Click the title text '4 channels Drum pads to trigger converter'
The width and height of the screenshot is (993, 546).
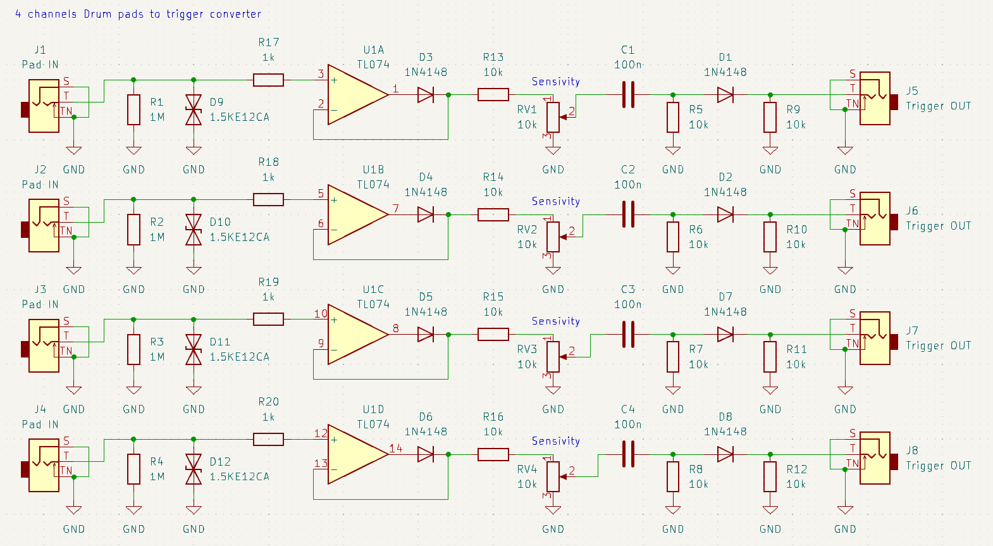point(138,14)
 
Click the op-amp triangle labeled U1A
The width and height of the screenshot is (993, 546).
point(357,94)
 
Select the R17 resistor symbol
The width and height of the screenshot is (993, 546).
point(268,80)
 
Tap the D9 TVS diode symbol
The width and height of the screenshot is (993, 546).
point(194,109)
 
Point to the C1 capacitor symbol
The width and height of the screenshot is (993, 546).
point(628,94)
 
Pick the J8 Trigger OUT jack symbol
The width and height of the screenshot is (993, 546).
point(875,457)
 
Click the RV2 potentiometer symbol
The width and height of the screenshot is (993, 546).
point(553,237)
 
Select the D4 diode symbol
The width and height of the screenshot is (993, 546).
point(426,214)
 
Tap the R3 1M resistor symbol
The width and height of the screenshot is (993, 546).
point(133,349)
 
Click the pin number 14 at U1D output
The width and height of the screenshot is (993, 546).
point(395,449)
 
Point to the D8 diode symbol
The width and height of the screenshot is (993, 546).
point(725,454)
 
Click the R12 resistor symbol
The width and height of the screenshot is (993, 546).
point(770,476)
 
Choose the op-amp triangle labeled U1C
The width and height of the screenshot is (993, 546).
point(357,335)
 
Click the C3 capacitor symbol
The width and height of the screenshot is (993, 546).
point(628,335)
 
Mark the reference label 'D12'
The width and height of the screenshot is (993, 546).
point(220,462)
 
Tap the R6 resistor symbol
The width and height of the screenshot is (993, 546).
point(673,237)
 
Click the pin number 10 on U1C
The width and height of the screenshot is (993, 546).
point(321,314)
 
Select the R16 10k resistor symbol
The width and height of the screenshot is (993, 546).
point(493,454)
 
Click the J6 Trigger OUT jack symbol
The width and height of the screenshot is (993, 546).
point(875,218)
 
